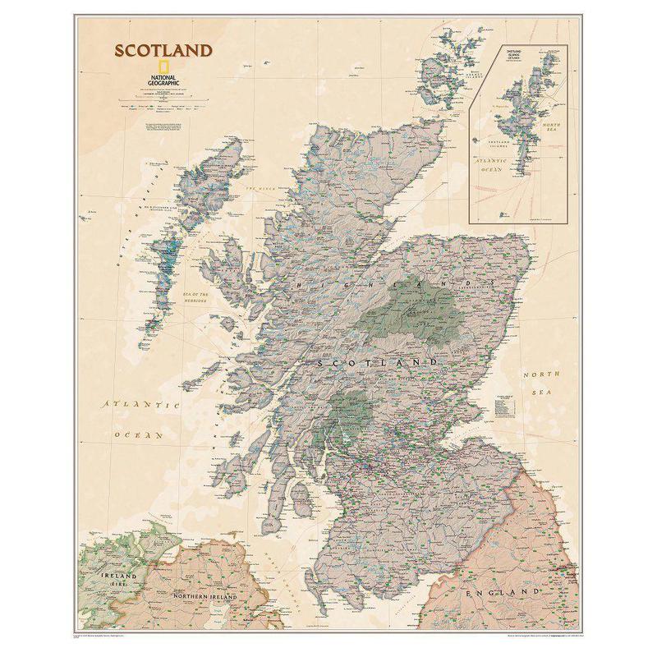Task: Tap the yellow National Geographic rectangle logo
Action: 143,69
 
